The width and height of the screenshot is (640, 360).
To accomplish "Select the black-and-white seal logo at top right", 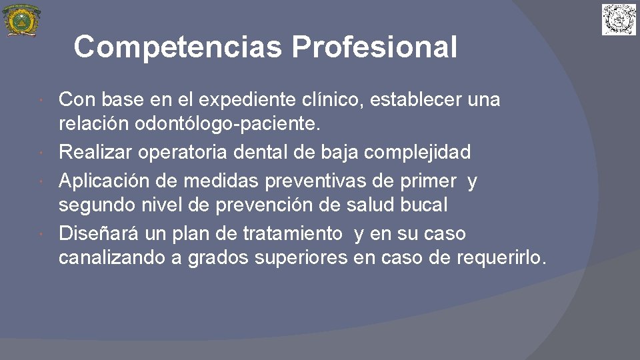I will pyautogui.click(x=619, y=19).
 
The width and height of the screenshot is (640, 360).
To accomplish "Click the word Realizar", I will pyautogui.click(x=95, y=152).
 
